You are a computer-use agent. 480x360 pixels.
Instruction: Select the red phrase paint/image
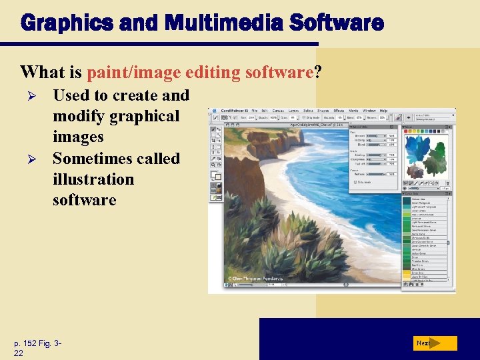(x=127, y=71)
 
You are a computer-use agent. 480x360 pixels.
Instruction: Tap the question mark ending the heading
(x=318, y=71)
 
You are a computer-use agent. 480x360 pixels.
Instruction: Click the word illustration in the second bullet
(x=93, y=179)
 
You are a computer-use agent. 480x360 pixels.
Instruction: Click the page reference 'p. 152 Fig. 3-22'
(x=37, y=347)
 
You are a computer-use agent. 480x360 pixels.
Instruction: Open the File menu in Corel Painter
(x=255, y=111)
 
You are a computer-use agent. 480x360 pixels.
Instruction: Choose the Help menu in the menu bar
(x=383, y=111)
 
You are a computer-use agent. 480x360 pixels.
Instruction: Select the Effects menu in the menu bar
(x=339, y=111)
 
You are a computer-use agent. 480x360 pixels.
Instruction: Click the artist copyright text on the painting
(x=257, y=279)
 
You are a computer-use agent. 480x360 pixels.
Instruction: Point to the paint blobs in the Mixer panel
(x=427, y=153)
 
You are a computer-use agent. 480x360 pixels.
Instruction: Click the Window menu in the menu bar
(x=369, y=111)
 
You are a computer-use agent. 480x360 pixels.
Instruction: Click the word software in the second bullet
(x=84, y=200)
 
